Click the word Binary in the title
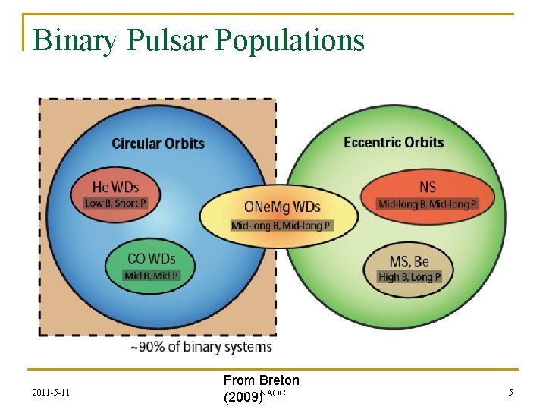[74, 40]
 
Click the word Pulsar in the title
[165, 40]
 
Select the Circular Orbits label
[158, 143]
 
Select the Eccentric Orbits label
[394, 142]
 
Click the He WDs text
[115, 187]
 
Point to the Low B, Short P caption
[115, 203]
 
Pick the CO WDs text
[151, 259]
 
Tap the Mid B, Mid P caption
[152, 276]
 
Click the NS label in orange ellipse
[428, 187]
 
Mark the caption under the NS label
[428, 203]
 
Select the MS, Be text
[409, 261]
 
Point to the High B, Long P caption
[409, 277]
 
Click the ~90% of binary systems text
[201, 347]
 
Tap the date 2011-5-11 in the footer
[53, 393]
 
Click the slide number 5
[510, 393]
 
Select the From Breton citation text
[261, 380]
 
